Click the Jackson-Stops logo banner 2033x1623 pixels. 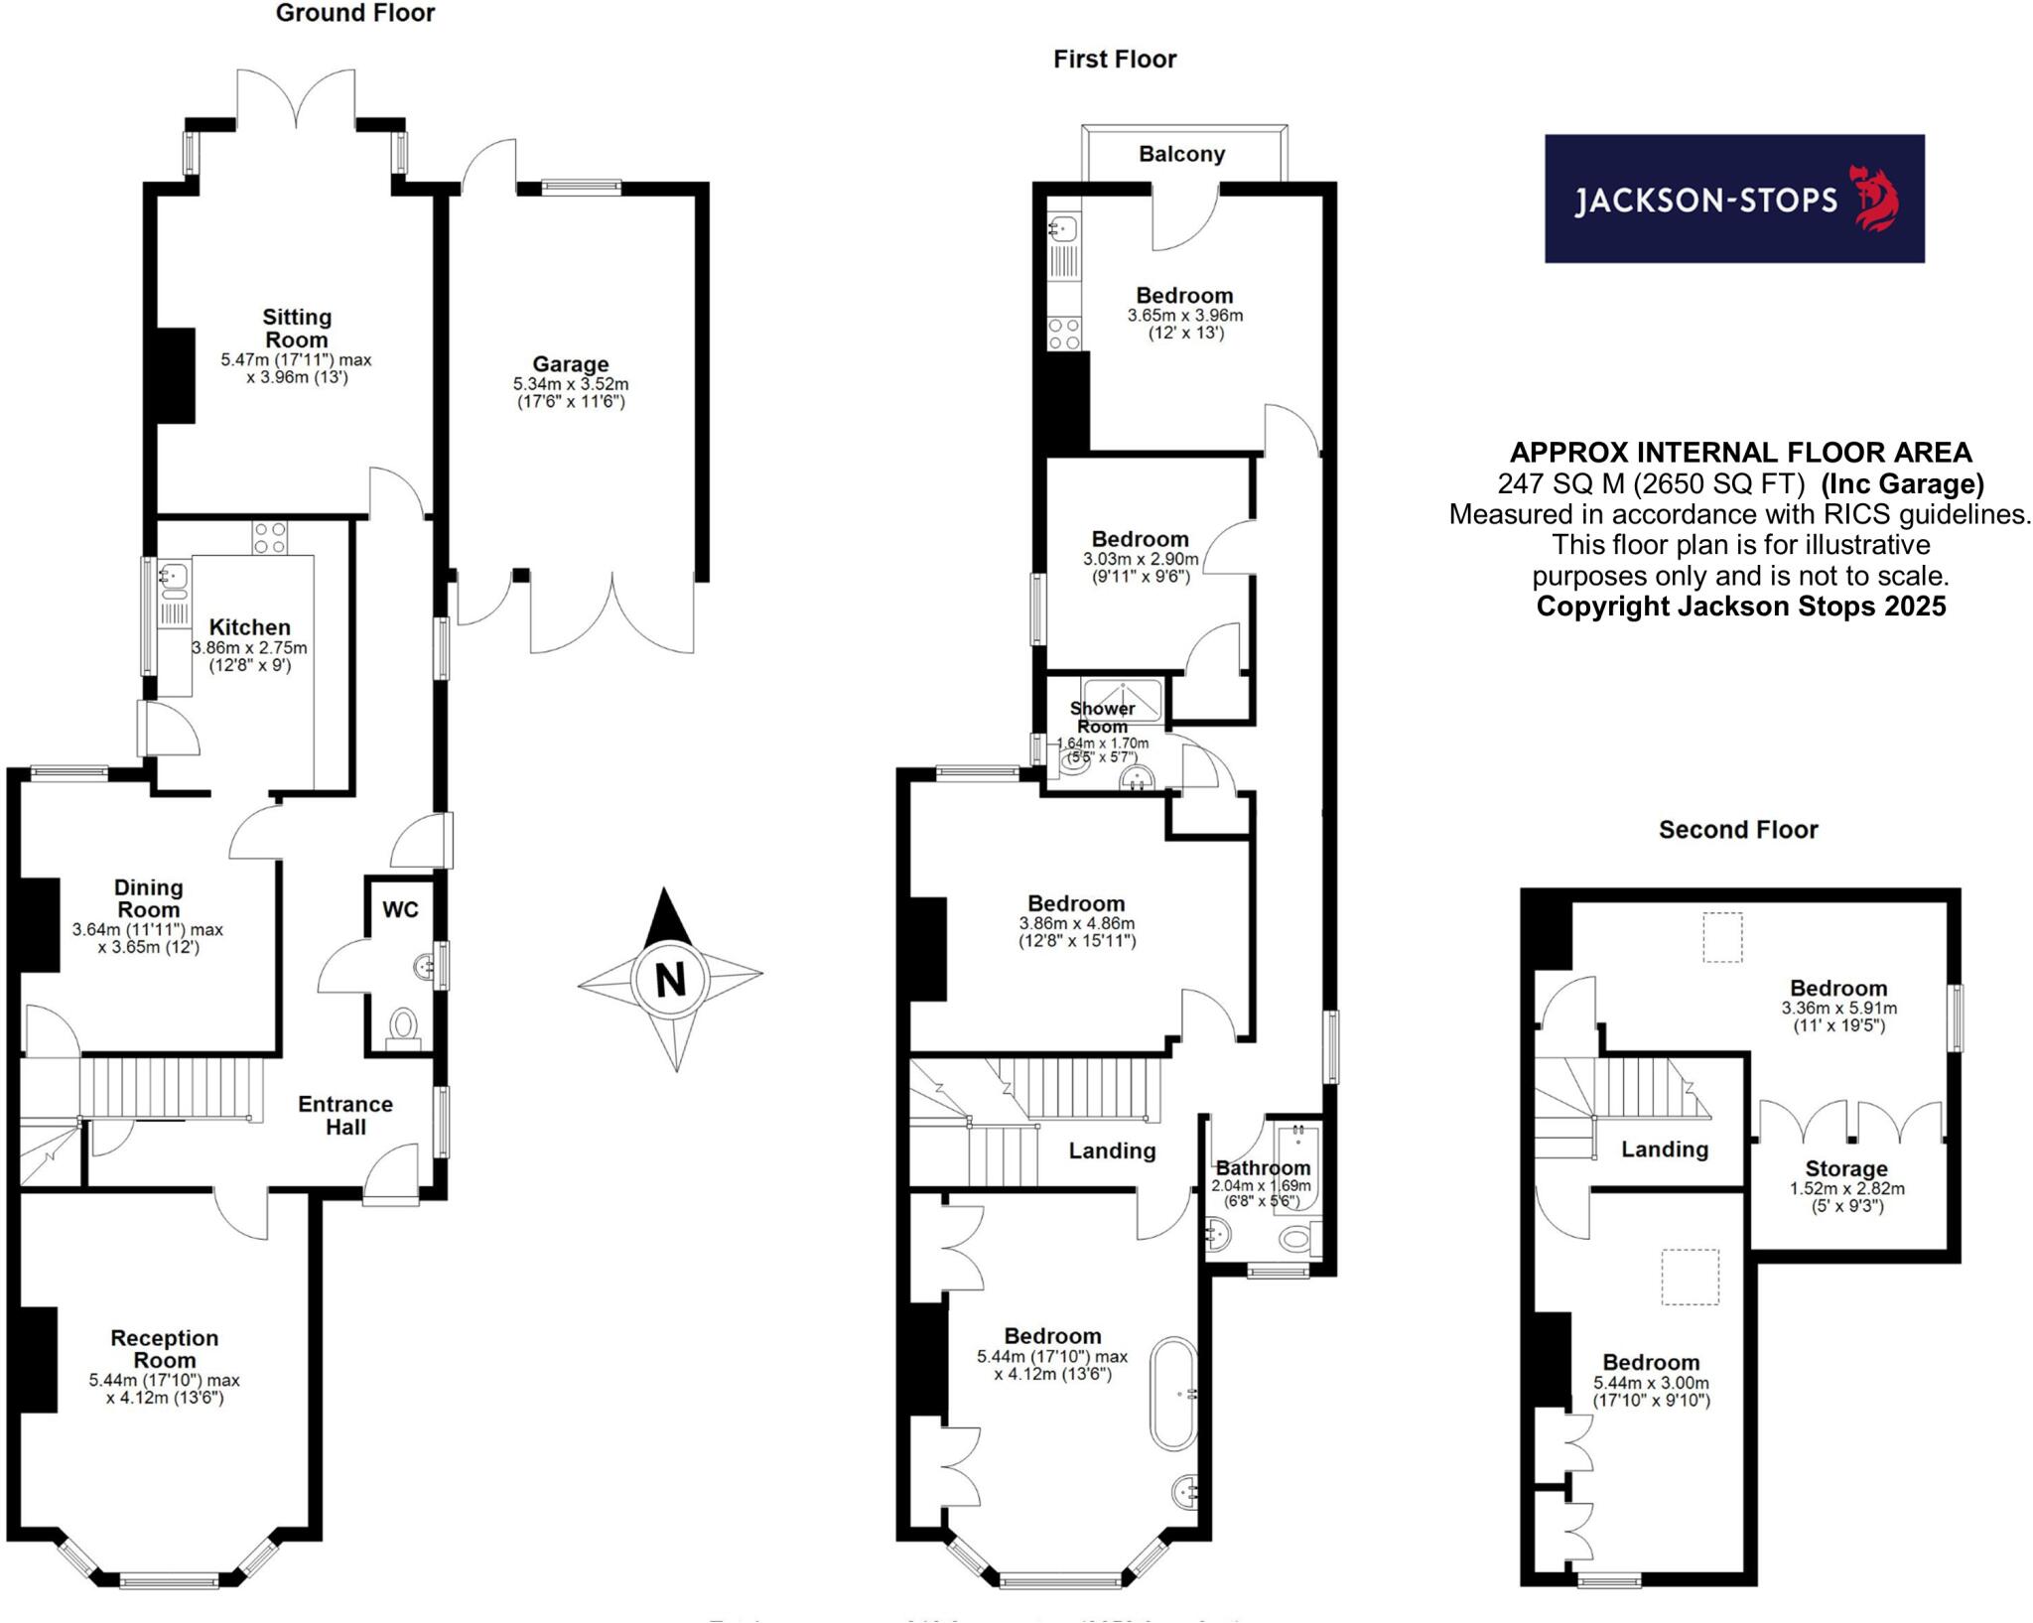(1733, 199)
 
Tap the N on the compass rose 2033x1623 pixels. (671, 980)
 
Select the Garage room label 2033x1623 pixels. (570, 364)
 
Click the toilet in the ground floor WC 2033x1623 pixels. (404, 1024)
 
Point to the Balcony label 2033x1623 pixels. (1181, 154)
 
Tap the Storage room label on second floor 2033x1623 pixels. (1845, 1168)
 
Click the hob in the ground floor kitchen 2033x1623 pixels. (269, 537)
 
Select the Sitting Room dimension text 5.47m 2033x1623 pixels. (244, 359)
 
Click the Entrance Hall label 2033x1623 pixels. (345, 1115)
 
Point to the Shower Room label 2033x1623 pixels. (1102, 717)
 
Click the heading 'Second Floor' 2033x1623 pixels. (1737, 830)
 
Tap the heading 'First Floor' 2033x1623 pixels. (1114, 60)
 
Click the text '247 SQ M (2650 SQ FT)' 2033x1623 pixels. (1650, 483)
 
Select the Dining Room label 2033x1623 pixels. (148, 897)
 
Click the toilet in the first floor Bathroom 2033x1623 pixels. (1295, 1238)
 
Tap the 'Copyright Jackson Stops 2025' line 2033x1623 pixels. (1740, 607)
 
